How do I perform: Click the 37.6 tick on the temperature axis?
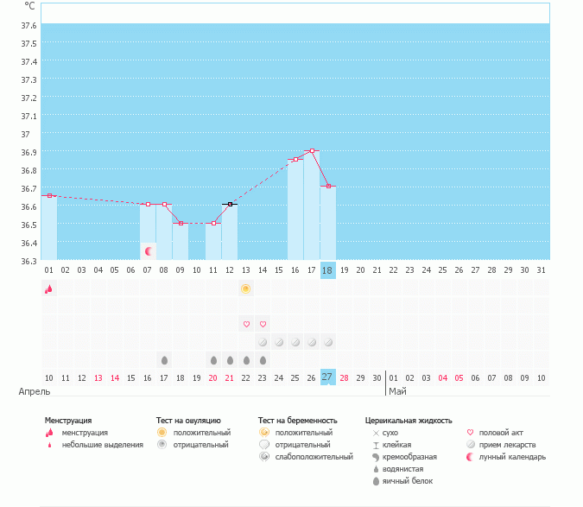[x=29, y=25]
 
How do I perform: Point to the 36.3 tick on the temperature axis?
[x=29, y=261]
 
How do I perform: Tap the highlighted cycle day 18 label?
[x=327, y=270]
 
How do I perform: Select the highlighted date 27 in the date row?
[x=327, y=377]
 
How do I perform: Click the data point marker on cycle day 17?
[x=312, y=151]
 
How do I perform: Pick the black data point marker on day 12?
[x=230, y=205]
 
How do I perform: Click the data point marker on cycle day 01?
[x=49, y=196]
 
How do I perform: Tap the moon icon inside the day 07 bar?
[x=149, y=251]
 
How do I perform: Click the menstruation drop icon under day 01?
[x=49, y=289]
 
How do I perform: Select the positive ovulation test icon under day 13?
[x=246, y=288]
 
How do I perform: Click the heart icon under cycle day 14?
[x=263, y=324]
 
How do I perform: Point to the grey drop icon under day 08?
[x=164, y=359]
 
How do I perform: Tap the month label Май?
[x=397, y=391]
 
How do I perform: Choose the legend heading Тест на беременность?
[x=298, y=421]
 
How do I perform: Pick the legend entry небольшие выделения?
[x=102, y=445]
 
